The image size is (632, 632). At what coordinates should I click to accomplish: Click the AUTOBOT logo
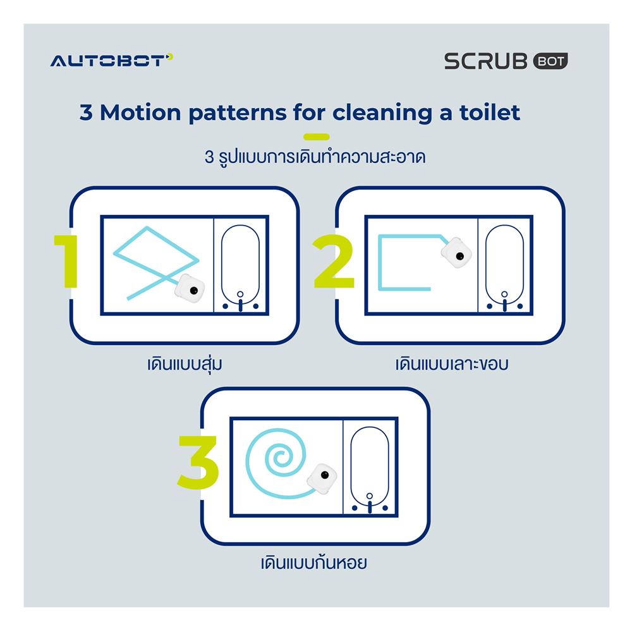coord(111,61)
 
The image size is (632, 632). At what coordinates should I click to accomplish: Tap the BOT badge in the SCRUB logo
coord(551,61)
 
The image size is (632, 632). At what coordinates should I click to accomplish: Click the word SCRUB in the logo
coord(487,61)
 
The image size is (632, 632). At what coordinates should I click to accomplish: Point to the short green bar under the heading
coord(316,136)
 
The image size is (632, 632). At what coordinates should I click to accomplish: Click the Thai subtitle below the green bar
coord(315,157)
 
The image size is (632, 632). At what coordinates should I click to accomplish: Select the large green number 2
coord(334,262)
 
